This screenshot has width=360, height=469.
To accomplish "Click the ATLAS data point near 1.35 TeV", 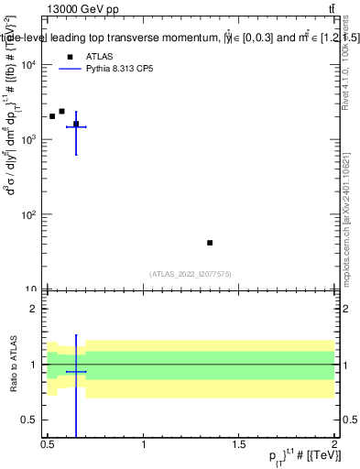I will click(x=210, y=243).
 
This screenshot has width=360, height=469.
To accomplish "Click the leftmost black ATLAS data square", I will click(x=52, y=116).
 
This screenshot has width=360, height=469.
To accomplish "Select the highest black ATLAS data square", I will click(x=61, y=111).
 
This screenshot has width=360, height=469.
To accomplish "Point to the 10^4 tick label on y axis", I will click(x=29, y=64).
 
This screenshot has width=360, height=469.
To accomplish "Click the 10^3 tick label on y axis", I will click(x=29, y=139).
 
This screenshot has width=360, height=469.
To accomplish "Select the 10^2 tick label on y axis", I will click(x=29, y=214).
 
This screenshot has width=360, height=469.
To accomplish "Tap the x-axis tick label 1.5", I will click(x=239, y=446).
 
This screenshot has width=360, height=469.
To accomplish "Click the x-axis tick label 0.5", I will click(x=48, y=446).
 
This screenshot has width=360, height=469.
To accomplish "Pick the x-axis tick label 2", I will click(x=334, y=446).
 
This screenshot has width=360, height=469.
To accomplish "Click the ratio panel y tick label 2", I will click(x=35, y=309).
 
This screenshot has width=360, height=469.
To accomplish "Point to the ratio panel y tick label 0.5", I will click(x=30, y=420).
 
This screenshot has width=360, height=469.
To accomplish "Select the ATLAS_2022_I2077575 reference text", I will click(x=191, y=273).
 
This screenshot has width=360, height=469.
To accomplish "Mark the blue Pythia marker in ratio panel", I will click(x=76, y=372).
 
